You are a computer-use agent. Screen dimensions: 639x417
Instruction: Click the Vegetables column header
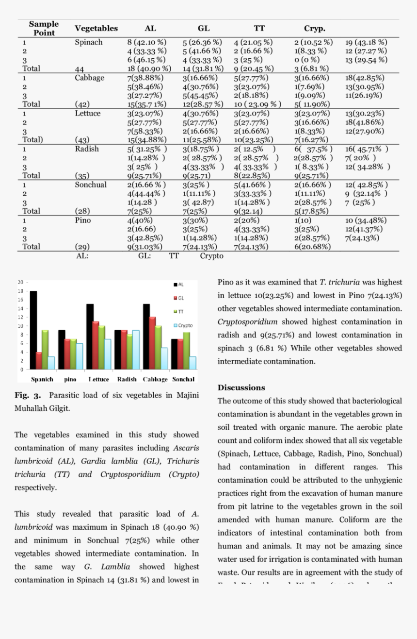[x=96, y=28]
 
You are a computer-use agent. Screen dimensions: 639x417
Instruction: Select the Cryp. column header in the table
[x=314, y=28]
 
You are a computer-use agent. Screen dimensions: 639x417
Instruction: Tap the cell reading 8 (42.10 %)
[x=147, y=42]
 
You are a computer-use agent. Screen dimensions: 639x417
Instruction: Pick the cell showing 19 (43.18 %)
[x=366, y=42]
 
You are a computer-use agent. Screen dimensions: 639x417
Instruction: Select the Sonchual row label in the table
[x=91, y=185]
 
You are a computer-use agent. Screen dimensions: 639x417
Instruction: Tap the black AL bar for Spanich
[x=33, y=330]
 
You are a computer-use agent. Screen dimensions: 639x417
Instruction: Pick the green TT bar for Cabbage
[x=159, y=348]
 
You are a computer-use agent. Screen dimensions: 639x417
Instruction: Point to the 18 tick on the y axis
[x=20, y=291]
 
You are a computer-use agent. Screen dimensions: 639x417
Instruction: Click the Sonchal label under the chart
[x=183, y=379]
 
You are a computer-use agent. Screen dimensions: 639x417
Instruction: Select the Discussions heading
[x=241, y=387]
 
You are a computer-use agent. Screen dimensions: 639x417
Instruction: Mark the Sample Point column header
[x=44, y=28]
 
